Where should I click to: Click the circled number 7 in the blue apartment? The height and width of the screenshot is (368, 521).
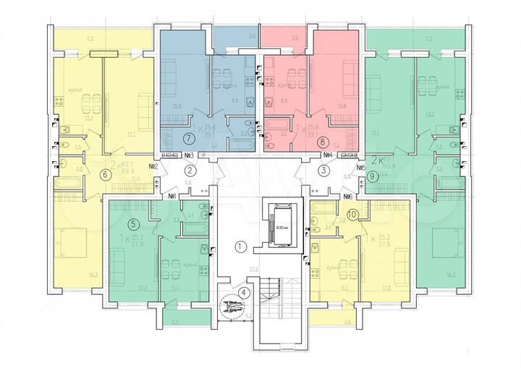point(189,137)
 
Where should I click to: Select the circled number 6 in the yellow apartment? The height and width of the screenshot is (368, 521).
point(106,174)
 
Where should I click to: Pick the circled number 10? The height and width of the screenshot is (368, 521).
point(352,214)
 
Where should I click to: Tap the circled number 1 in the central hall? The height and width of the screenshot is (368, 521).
point(242,247)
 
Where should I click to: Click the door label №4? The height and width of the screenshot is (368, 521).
point(327,155)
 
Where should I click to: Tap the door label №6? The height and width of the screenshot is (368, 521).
point(347,196)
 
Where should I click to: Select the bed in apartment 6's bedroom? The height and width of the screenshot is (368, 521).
point(72,243)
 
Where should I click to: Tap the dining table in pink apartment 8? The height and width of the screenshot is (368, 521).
point(293,78)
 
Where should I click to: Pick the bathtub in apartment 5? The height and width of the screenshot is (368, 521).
point(193,228)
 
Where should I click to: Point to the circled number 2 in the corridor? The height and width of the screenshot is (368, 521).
point(189,171)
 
